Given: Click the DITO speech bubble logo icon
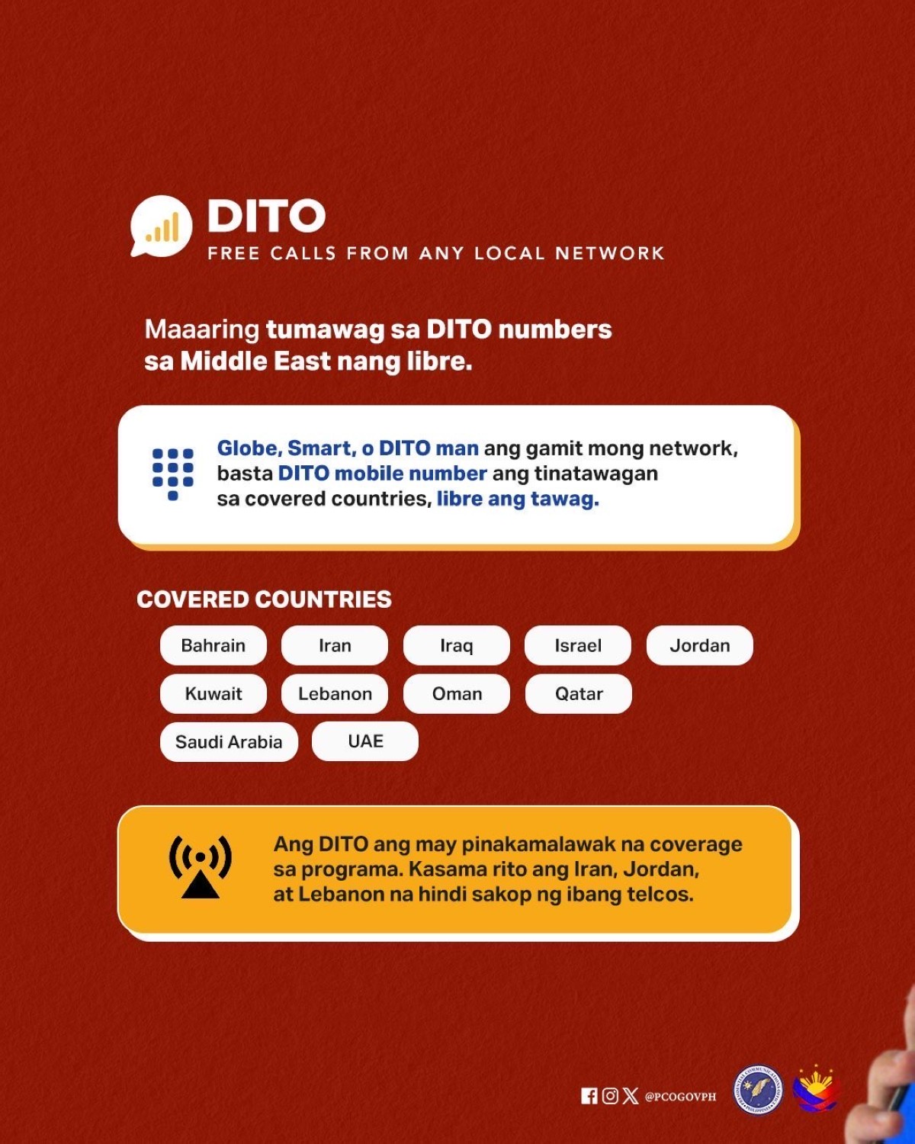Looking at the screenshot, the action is pyautogui.click(x=162, y=227).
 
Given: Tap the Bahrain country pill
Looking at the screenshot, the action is pyautogui.click(x=213, y=645).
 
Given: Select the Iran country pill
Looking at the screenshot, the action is pyautogui.click(x=335, y=645).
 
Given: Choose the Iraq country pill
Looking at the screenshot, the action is pyautogui.click(x=457, y=645).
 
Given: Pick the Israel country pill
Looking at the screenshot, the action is pyautogui.click(x=578, y=645).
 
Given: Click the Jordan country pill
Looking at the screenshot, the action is pyautogui.click(x=700, y=645).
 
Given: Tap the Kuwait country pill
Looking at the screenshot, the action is pyautogui.click(x=213, y=694).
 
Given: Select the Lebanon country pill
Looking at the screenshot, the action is pyautogui.click(x=335, y=694).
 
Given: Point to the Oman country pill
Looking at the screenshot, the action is pyautogui.click(x=457, y=694).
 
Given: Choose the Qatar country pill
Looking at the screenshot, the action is pyautogui.click(x=579, y=694).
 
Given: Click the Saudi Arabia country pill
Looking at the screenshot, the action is pyautogui.click(x=230, y=741).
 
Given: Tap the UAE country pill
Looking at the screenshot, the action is pyautogui.click(x=365, y=741).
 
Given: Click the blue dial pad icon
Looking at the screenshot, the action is pyautogui.click(x=173, y=474).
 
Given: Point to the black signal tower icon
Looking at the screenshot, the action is pyautogui.click(x=201, y=866).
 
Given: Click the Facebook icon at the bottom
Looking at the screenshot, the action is pyautogui.click(x=589, y=1096).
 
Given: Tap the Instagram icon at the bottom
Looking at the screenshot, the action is pyautogui.click(x=610, y=1096).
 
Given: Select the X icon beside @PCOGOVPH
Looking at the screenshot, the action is pyautogui.click(x=631, y=1096).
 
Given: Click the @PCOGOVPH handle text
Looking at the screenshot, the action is pyautogui.click(x=681, y=1097).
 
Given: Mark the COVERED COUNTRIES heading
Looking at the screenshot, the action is pyautogui.click(x=265, y=599).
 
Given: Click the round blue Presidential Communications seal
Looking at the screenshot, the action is pyautogui.click(x=758, y=1091).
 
